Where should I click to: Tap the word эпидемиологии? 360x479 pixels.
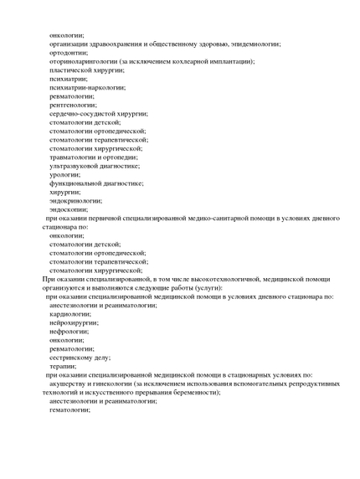[251, 44]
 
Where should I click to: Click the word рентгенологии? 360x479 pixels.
[73, 105]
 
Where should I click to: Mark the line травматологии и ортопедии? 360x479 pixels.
[95, 157]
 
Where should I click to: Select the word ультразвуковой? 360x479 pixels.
[76, 166]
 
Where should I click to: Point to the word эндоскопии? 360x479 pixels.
[69, 209]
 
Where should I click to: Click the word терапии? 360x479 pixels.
[63, 366]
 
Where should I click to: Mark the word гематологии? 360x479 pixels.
[69, 409]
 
